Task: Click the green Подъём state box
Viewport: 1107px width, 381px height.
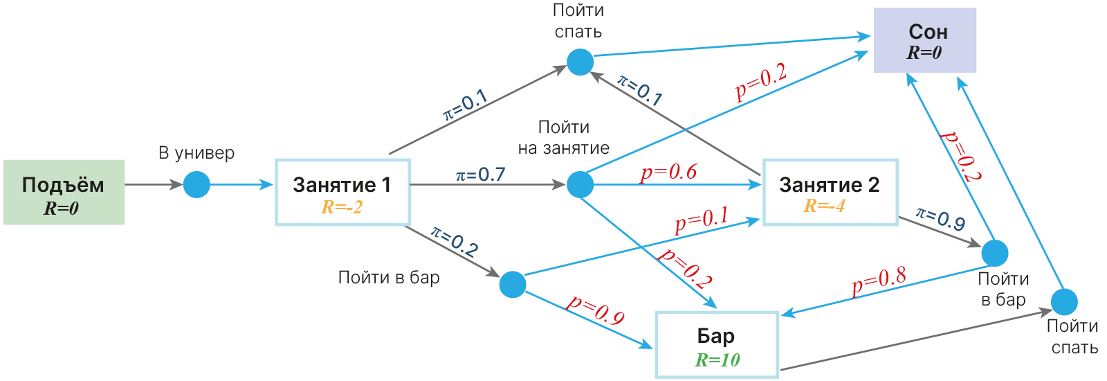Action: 64,192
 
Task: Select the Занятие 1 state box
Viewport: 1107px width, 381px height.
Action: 342,192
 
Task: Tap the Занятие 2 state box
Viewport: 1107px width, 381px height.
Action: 830,192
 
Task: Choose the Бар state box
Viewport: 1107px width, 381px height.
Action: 716,344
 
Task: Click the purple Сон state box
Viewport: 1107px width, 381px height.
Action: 925,40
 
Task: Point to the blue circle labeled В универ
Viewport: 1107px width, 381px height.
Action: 196,184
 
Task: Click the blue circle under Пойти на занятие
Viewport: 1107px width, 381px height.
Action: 580,184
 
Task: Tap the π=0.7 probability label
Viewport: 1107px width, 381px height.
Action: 480,175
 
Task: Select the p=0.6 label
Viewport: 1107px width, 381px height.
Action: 668,172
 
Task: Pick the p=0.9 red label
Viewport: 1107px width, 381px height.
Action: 596,310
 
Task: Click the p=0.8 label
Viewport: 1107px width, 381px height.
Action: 879,280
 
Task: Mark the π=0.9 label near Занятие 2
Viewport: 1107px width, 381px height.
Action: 940,219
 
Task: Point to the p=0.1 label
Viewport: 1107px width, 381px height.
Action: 702,220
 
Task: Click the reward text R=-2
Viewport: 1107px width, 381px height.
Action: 342,206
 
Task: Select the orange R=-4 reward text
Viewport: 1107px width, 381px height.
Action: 824,206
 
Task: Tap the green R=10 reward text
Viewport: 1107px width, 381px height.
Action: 717,360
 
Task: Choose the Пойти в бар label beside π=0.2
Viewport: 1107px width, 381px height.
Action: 389,278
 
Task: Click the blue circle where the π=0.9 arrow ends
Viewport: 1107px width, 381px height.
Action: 995,253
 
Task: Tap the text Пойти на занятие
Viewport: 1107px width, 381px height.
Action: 564,137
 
